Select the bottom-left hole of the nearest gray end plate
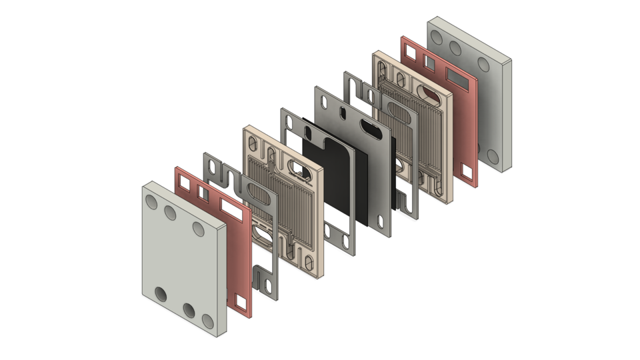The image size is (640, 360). pos(161,294)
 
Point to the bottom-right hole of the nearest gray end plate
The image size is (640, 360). pos(208,322)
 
